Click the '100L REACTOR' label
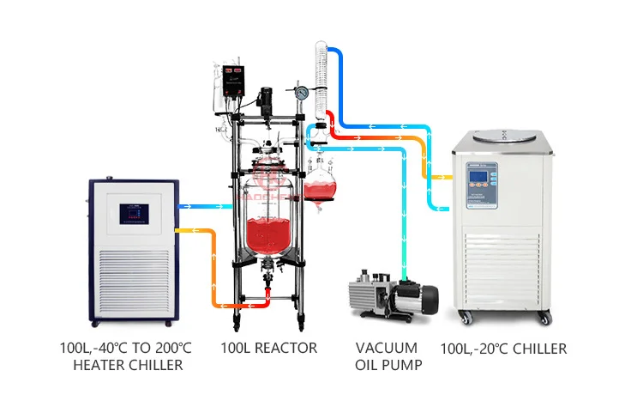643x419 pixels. tap(268, 349)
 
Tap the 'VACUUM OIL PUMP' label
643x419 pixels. tap(387, 357)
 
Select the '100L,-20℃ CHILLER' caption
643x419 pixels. tap(503, 349)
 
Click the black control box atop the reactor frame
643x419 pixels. tap(232, 79)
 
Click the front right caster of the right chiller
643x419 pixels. tap(544, 318)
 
